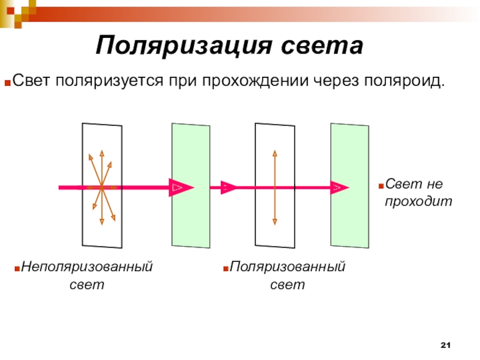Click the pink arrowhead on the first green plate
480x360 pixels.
coord(181,188)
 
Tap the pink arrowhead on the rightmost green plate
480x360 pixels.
coord(339,188)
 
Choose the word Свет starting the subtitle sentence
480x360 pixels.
coord(32,80)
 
